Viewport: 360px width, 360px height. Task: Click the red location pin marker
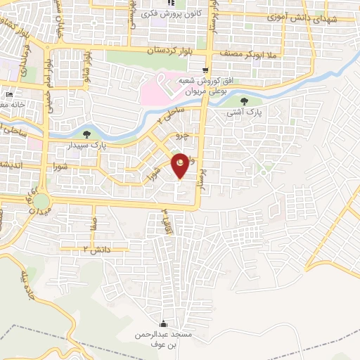[181, 166]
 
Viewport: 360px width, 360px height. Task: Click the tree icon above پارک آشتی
[244, 101]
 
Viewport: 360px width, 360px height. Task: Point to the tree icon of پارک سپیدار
[86, 134]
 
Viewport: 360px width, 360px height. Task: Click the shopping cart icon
[205, 70]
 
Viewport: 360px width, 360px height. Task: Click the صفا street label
[94, 226]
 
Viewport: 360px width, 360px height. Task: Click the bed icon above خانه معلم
[9, 94]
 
